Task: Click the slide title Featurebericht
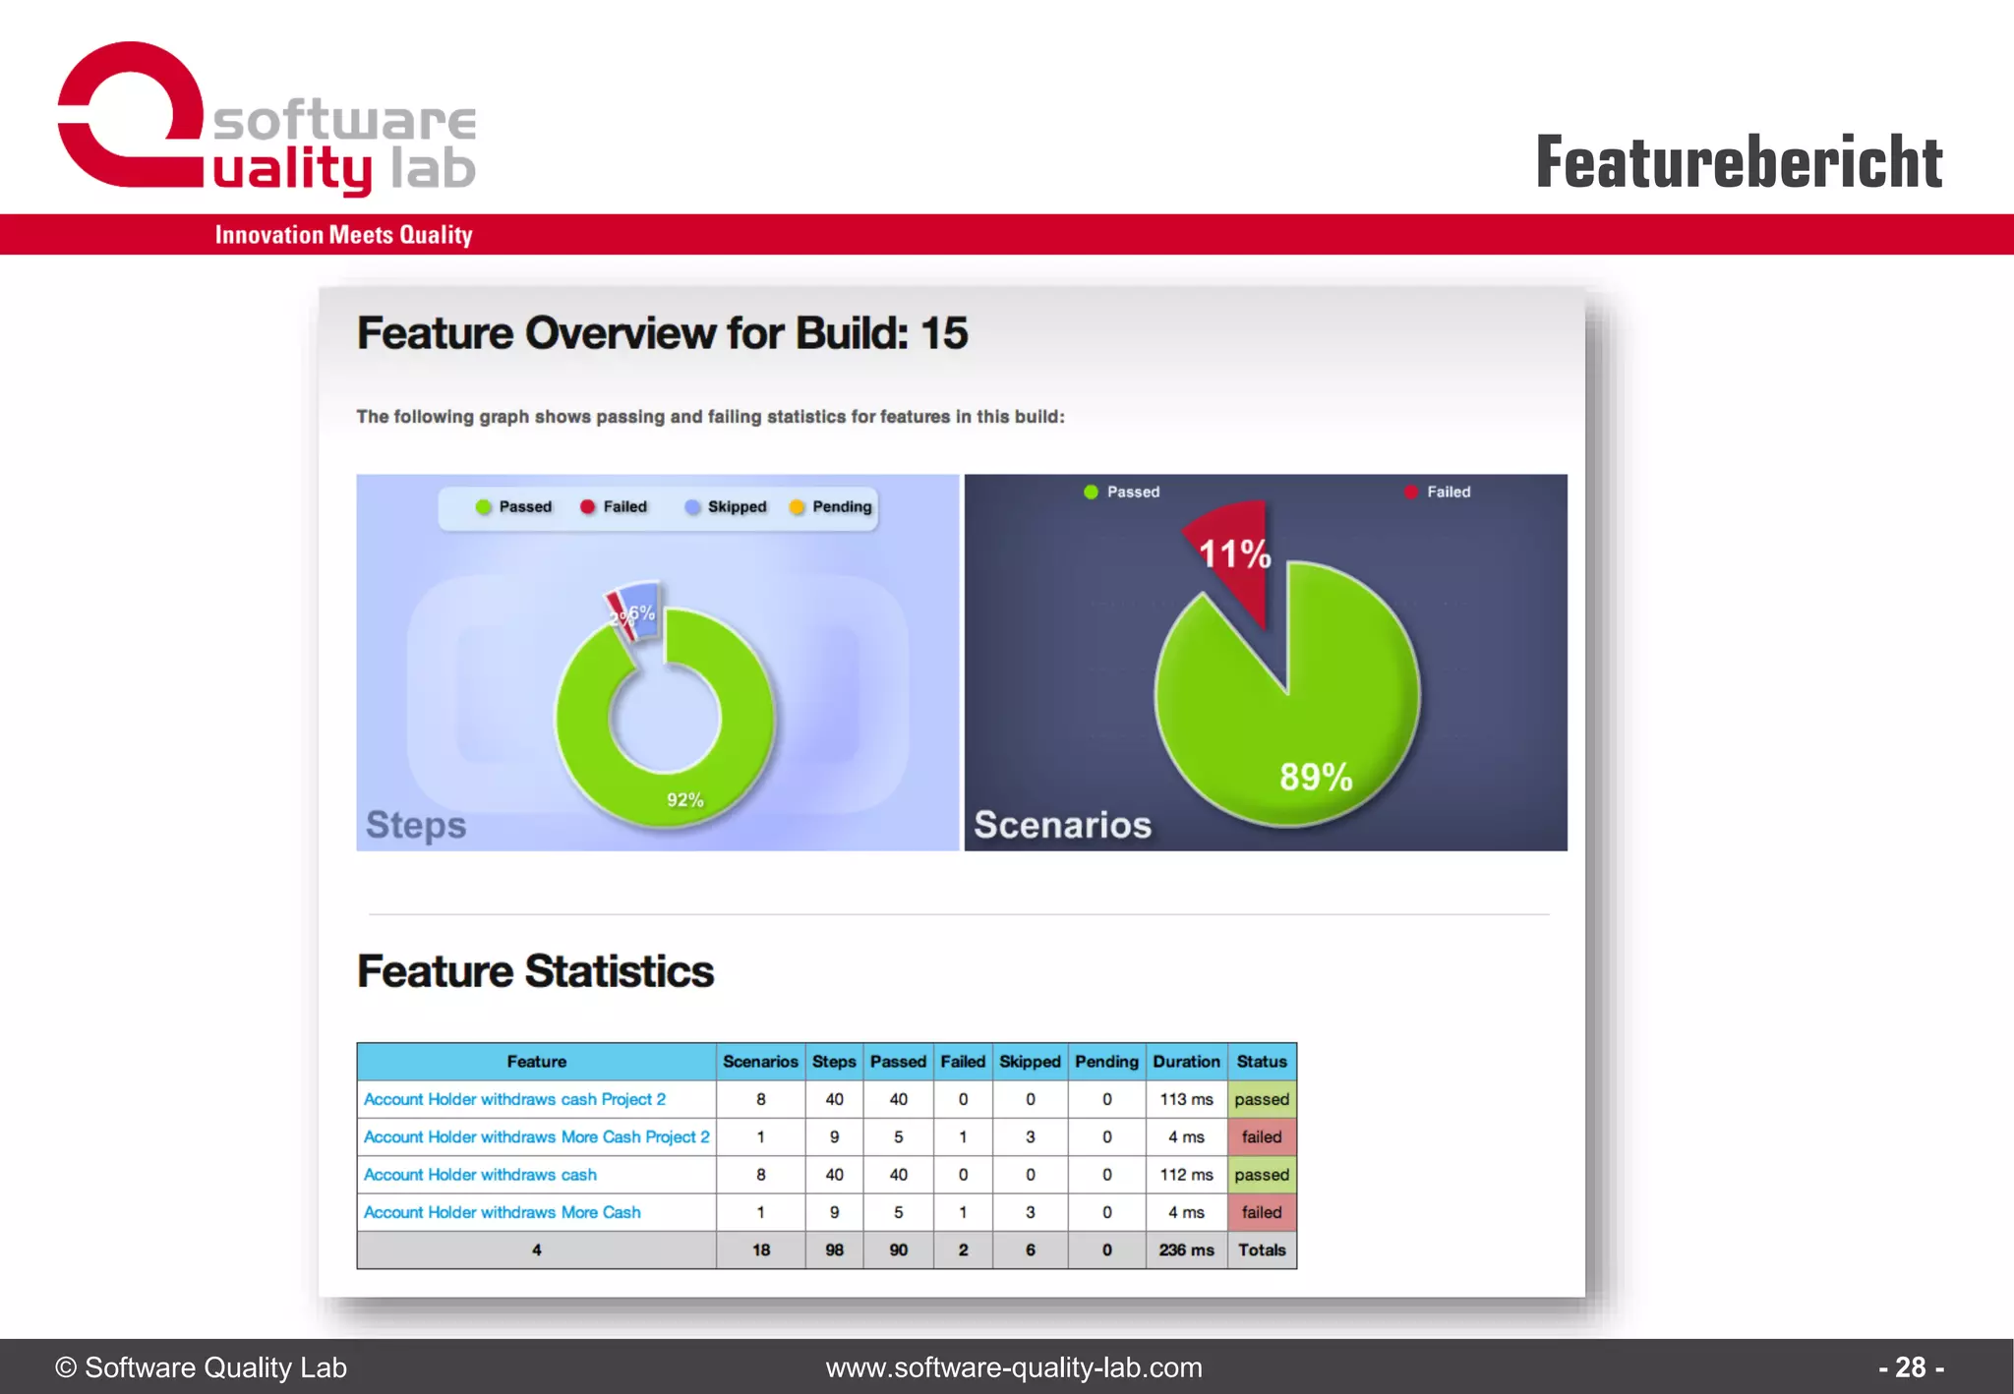pyautogui.click(x=1738, y=162)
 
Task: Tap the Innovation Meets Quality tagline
pyautogui.click(x=343, y=235)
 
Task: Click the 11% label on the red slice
pyautogui.click(x=1234, y=553)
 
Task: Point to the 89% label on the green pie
pyautogui.click(x=1315, y=777)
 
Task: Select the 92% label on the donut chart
pyautogui.click(x=684, y=800)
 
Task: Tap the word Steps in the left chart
pyautogui.click(x=415, y=824)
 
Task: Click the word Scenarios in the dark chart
pyautogui.click(x=1062, y=824)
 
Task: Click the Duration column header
pyautogui.click(x=1186, y=1062)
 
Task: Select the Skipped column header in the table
pyautogui.click(x=1030, y=1062)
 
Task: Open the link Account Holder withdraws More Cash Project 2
pyautogui.click(x=536, y=1136)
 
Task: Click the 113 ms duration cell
pyautogui.click(x=1186, y=1099)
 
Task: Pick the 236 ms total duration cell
pyautogui.click(x=1186, y=1250)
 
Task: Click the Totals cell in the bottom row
pyautogui.click(x=1262, y=1250)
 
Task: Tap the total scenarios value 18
pyautogui.click(x=760, y=1250)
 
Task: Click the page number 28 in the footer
pyautogui.click(x=1910, y=1367)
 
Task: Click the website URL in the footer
pyautogui.click(x=1013, y=1367)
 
